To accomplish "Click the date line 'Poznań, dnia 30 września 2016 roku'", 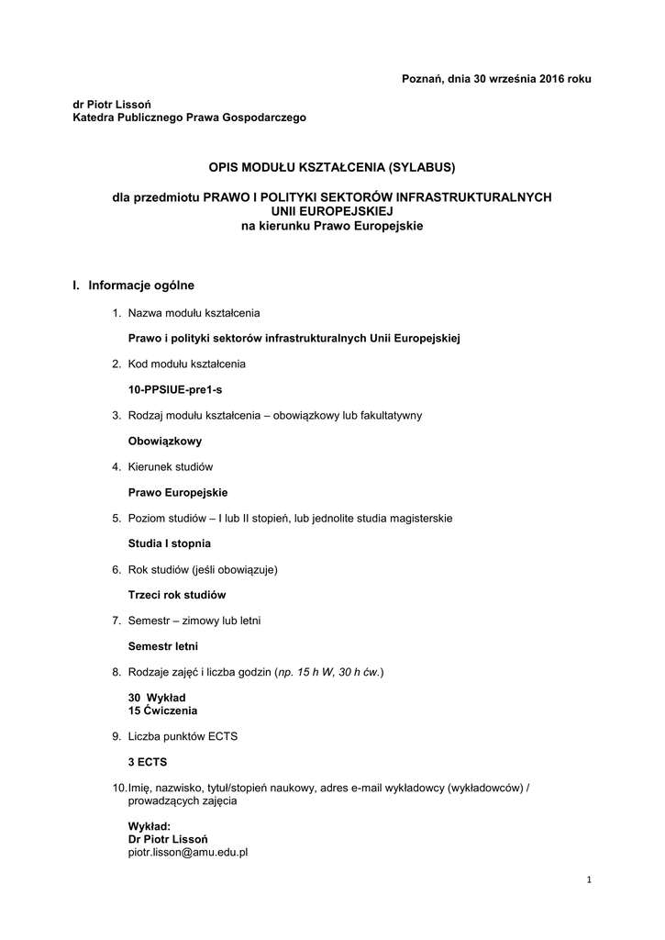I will [x=496, y=79].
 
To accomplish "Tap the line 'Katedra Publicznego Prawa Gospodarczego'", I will [x=189, y=117].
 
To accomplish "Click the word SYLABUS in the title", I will [x=421, y=168].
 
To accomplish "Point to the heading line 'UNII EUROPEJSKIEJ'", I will [x=332, y=210].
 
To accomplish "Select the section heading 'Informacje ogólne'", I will [x=141, y=285].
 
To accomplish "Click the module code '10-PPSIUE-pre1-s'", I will [x=175, y=389].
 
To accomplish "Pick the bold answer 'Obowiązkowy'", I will [x=165, y=441].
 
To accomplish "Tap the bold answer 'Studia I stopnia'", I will [x=170, y=543].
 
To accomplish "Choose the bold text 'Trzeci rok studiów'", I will [x=177, y=595].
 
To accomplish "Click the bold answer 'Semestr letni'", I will [x=162, y=646].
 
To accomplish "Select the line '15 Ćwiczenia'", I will [x=162, y=711].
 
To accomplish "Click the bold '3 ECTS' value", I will [x=148, y=762].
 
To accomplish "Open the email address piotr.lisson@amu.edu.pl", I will [x=188, y=852].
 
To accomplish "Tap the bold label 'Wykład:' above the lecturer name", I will [x=150, y=826].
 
